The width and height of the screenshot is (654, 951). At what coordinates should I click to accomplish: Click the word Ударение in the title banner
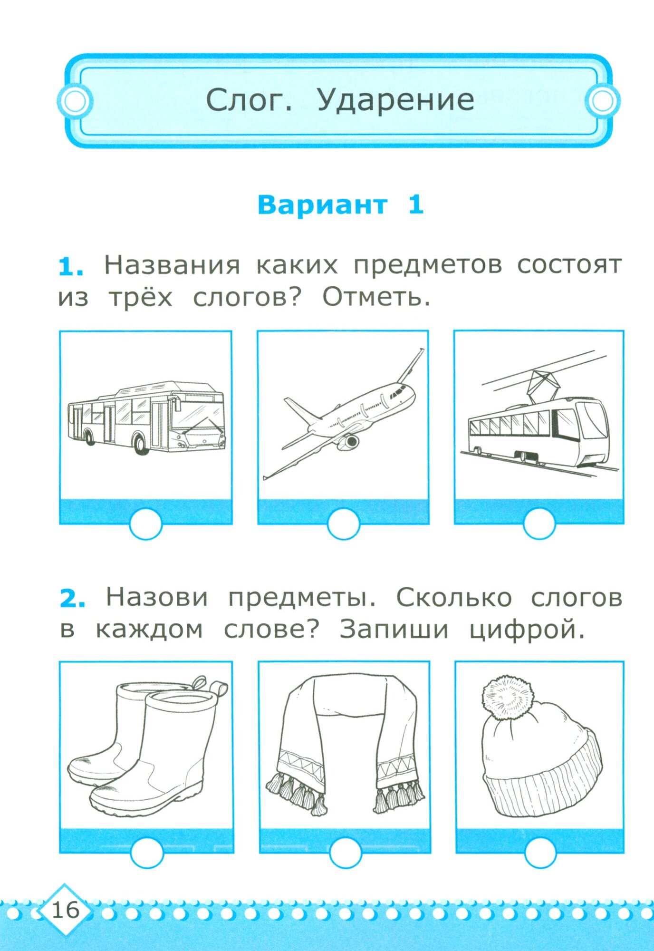(395, 101)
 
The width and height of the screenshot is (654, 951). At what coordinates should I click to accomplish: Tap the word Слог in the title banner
(249, 101)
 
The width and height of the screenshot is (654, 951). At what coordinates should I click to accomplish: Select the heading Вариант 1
(340, 205)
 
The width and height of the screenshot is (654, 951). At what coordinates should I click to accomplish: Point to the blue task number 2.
(72, 599)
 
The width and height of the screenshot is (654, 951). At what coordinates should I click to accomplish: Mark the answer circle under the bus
(146, 524)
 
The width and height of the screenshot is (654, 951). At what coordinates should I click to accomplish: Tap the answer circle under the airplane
(343, 524)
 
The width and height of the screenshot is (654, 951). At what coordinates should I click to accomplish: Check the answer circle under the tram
(539, 524)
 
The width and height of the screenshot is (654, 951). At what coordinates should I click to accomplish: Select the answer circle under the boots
(147, 853)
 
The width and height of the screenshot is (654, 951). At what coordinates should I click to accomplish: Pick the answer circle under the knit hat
(540, 853)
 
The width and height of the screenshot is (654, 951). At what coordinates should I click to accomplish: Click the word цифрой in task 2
(527, 631)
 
